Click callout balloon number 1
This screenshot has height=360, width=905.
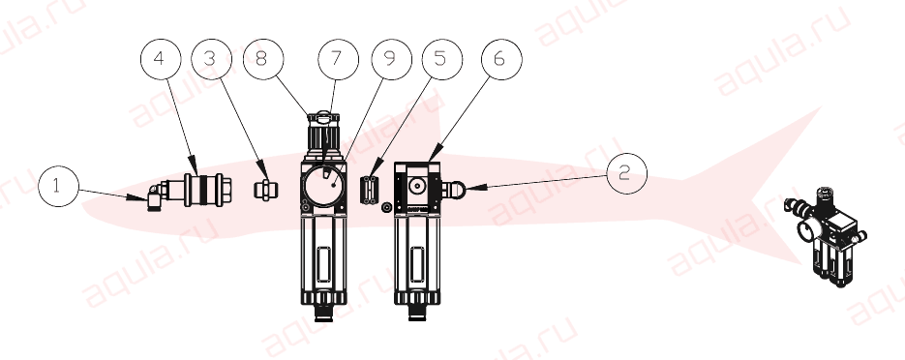(x=58, y=187)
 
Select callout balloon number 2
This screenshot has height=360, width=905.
(x=627, y=173)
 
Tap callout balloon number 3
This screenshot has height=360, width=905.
(x=212, y=59)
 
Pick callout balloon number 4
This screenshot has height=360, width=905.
(x=161, y=59)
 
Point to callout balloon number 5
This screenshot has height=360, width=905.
(x=441, y=59)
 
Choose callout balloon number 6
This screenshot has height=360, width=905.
(x=501, y=59)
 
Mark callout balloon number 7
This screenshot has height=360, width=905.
(x=338, y=59)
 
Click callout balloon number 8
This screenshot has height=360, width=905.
(x=263, y=59)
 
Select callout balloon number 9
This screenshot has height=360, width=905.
(x=391, y=59)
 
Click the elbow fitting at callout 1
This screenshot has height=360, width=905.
(x=155, y=196)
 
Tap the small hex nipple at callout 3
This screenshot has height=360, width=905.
(x=265, y=190)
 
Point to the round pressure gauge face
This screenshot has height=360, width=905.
(x=323, y=185)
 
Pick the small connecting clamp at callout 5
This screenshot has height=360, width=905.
(x=369, y=191)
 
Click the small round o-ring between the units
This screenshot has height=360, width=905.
(x=387, y=206)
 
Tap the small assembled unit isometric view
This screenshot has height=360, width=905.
(x=826, y=236)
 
